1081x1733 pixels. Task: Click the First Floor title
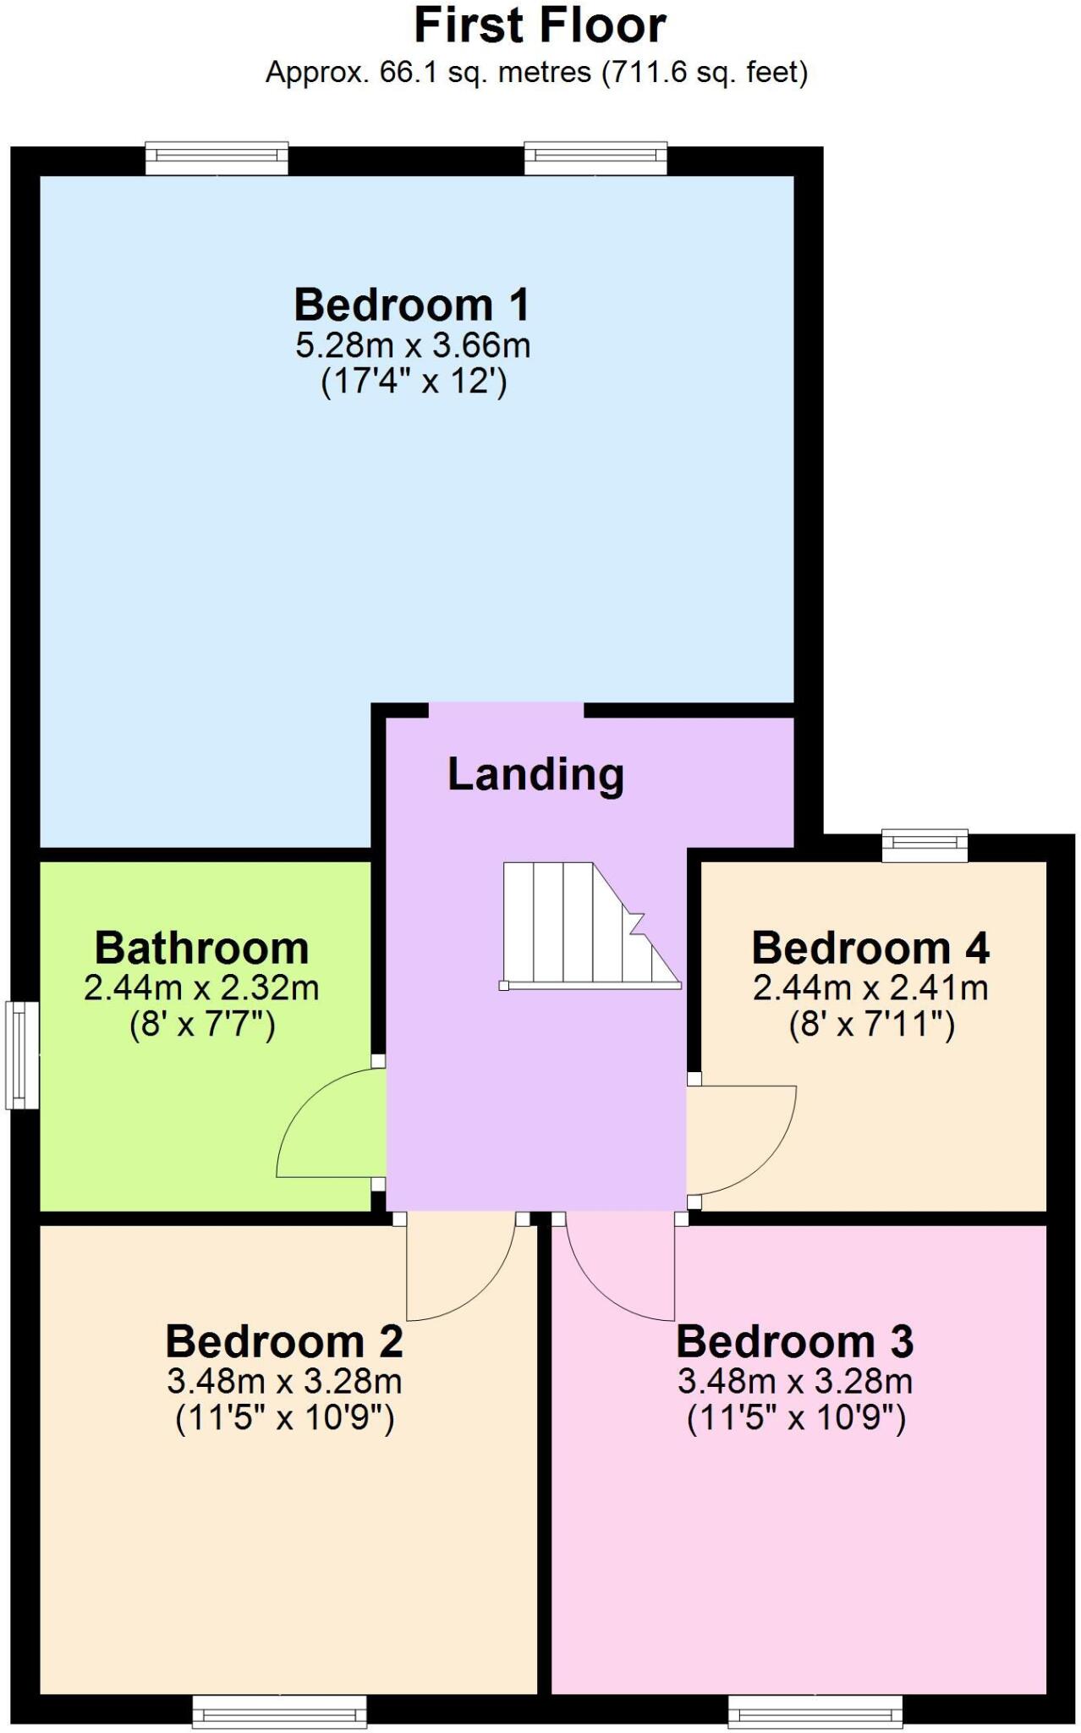[540, 25]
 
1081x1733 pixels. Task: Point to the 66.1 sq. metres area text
[536, 72]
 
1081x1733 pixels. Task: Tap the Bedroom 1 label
[412, 305]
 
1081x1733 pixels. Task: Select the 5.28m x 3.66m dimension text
[413, 345]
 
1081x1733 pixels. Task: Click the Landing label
[535, 774]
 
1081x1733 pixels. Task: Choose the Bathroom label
[201, 948]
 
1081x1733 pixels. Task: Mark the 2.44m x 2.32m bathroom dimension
[201, 988]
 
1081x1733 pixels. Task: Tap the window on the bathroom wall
[22, 1054]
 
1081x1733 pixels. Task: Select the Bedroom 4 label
[870, 948]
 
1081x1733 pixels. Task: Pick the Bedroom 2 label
[284, 1341]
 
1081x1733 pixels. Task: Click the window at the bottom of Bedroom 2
[280, 1710]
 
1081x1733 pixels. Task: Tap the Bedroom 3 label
[795, 1341]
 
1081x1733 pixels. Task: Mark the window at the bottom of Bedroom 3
[815, 1710]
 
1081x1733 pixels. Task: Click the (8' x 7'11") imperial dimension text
[871, 1026]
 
